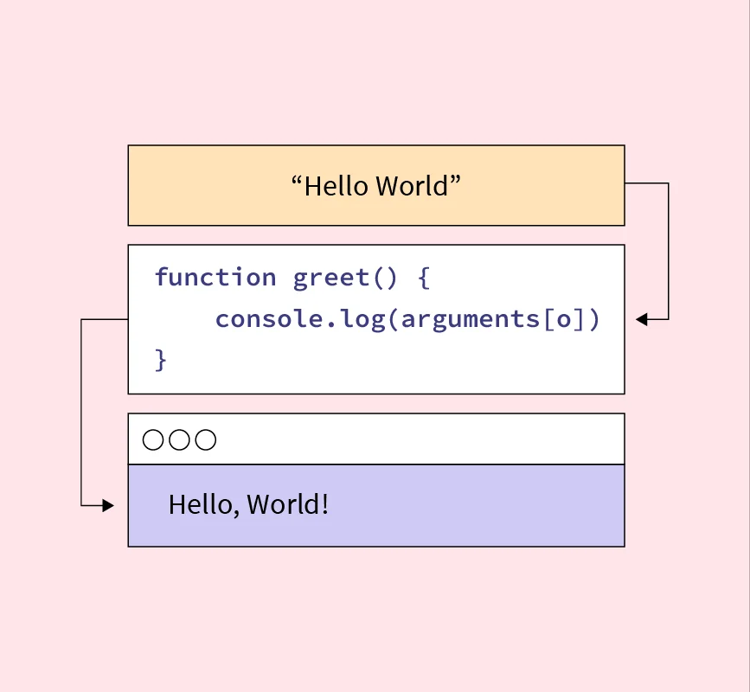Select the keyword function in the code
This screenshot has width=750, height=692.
pos(215,278)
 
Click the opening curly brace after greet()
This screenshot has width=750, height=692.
pos(423,278)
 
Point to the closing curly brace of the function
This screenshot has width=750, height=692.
pos(160,359)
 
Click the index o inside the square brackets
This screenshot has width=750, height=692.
pos(564,319)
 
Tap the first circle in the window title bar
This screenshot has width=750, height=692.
pos(153,440)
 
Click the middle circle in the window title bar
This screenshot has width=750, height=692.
pos(179,440)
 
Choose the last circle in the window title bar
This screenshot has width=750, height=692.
pos(205,440)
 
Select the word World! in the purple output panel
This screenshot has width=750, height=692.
pos(287,504)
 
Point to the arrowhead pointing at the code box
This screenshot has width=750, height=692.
pos(641,319)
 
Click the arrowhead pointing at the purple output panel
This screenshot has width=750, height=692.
pos(108,505)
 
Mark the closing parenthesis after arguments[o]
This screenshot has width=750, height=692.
pos(593,319)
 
